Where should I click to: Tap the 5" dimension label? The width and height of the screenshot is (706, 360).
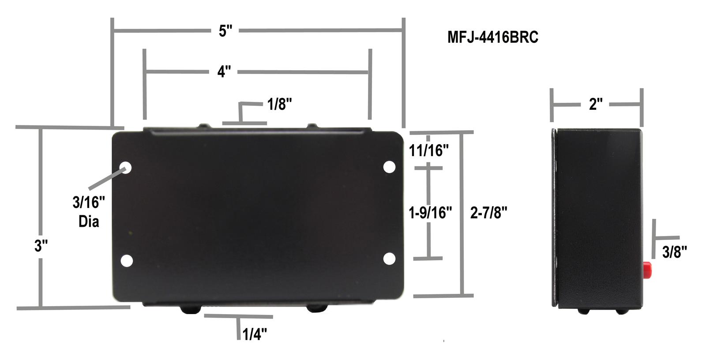[x=225, y=31]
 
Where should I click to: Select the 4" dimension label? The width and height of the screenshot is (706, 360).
[x=224, y=71]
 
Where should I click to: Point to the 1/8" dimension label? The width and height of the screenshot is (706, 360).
[x=279, y=105]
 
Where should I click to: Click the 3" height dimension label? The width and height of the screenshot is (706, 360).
[x=41, y=246]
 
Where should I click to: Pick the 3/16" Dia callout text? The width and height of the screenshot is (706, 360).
[x=89, y=212]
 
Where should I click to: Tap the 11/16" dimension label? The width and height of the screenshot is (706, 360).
[x=428, y=151]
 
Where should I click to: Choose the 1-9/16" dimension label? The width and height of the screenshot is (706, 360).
[x=430, y=213]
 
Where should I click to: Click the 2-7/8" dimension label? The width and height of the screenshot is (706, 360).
[x=488, y=213]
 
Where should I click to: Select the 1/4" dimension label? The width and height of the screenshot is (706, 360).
[x=255, y=334]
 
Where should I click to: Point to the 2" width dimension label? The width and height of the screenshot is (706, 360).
[x=595, y=105]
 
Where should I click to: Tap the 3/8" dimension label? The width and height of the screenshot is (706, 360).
[x=675, y=252]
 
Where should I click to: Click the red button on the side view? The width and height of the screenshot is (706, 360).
[x=647, y=268]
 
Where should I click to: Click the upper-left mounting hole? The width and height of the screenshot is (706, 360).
[x=126, y=167]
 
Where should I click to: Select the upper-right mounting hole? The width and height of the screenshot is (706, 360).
[x=389, y=167]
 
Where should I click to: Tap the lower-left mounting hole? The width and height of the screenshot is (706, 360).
[x=126, y=260]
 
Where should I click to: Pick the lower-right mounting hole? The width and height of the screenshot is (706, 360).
[x=389, y=259]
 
